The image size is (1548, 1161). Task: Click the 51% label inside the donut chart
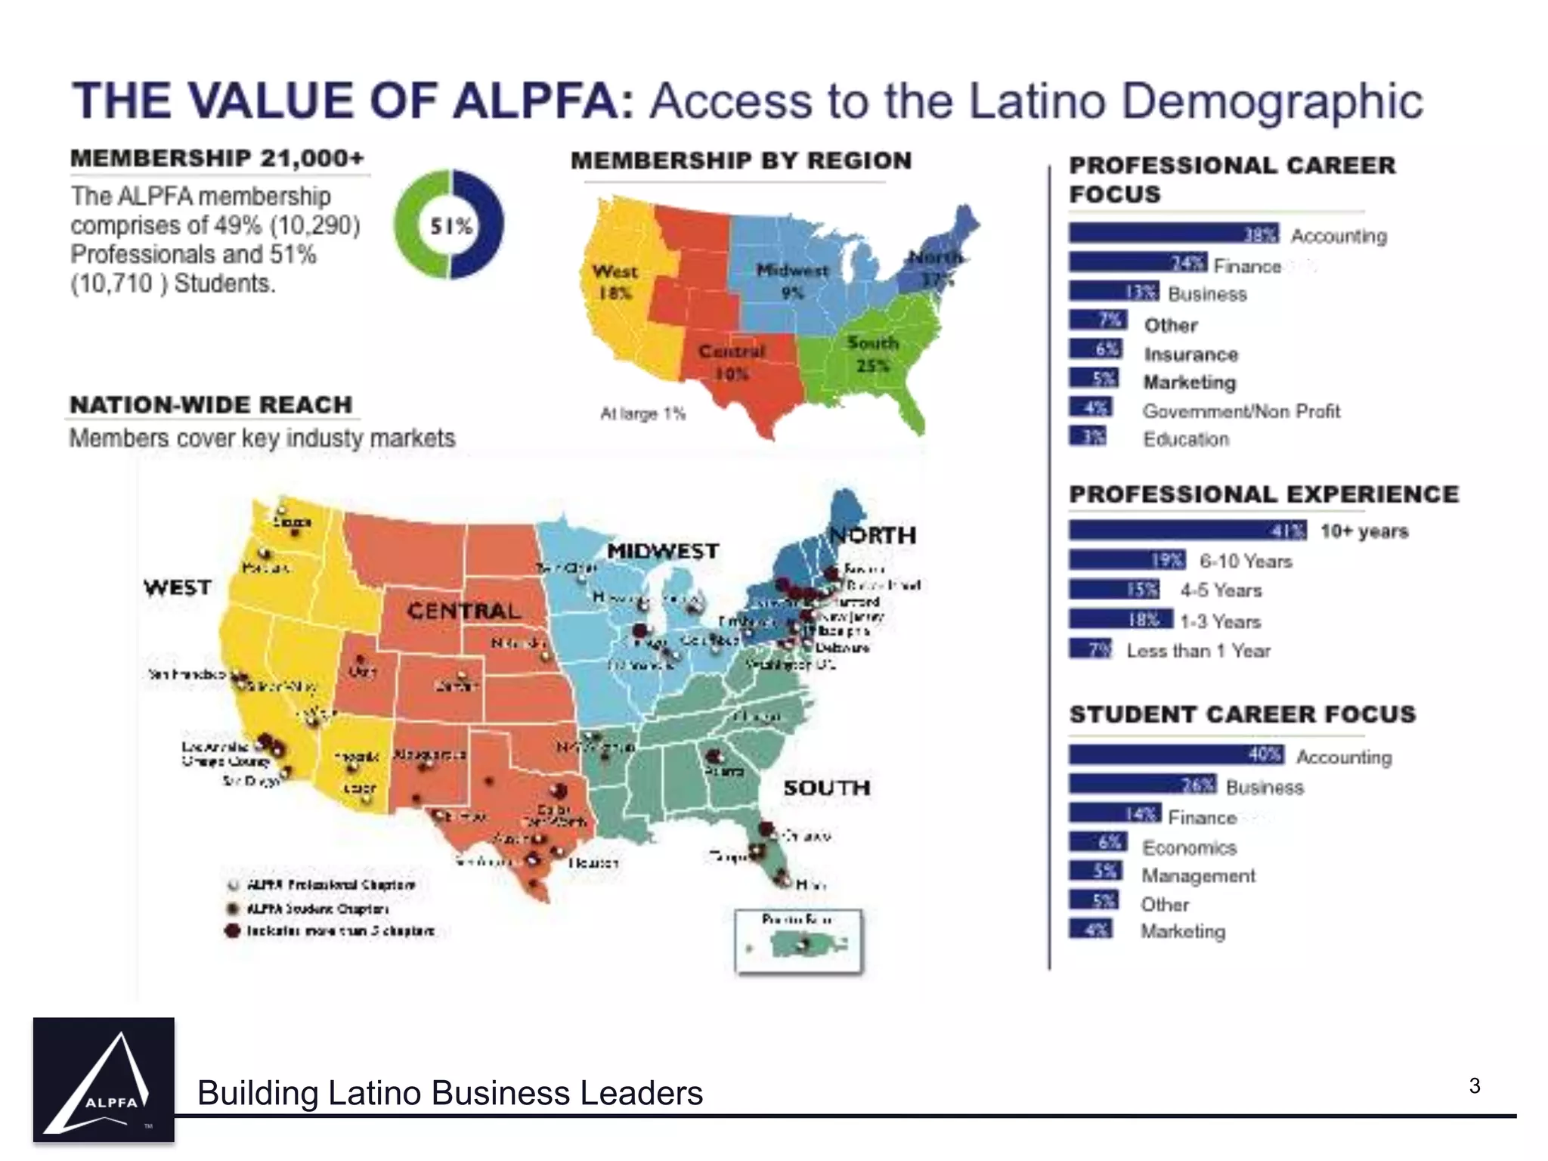coord(450,225)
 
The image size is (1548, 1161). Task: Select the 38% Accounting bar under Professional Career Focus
coord(1173,234)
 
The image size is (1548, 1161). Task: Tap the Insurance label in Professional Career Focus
coord(1190,354)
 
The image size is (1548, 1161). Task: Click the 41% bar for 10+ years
coord(1187,531)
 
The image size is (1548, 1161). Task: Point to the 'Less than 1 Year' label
coord(1198,651)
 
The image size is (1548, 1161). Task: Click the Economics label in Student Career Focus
coord(1189,847)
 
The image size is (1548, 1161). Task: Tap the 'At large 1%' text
coord(642,413)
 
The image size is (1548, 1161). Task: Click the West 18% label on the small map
coord(615,281)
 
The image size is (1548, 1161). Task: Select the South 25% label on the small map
coord(873,354)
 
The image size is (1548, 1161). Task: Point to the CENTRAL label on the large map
coord(463,611)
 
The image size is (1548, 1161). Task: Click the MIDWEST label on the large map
coord(663,551)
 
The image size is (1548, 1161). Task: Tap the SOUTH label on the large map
coord(827,788)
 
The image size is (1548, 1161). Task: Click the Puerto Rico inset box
coord(798,941)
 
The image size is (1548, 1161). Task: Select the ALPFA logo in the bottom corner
coord(104,1079)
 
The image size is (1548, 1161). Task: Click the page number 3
coord(1475,1086)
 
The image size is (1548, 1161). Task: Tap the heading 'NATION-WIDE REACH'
coord(211,404)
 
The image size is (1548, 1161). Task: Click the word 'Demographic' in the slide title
coord(1272,101)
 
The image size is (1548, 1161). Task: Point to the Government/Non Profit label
coord(1241,411)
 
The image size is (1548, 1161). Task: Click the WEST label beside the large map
coord(178,587)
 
